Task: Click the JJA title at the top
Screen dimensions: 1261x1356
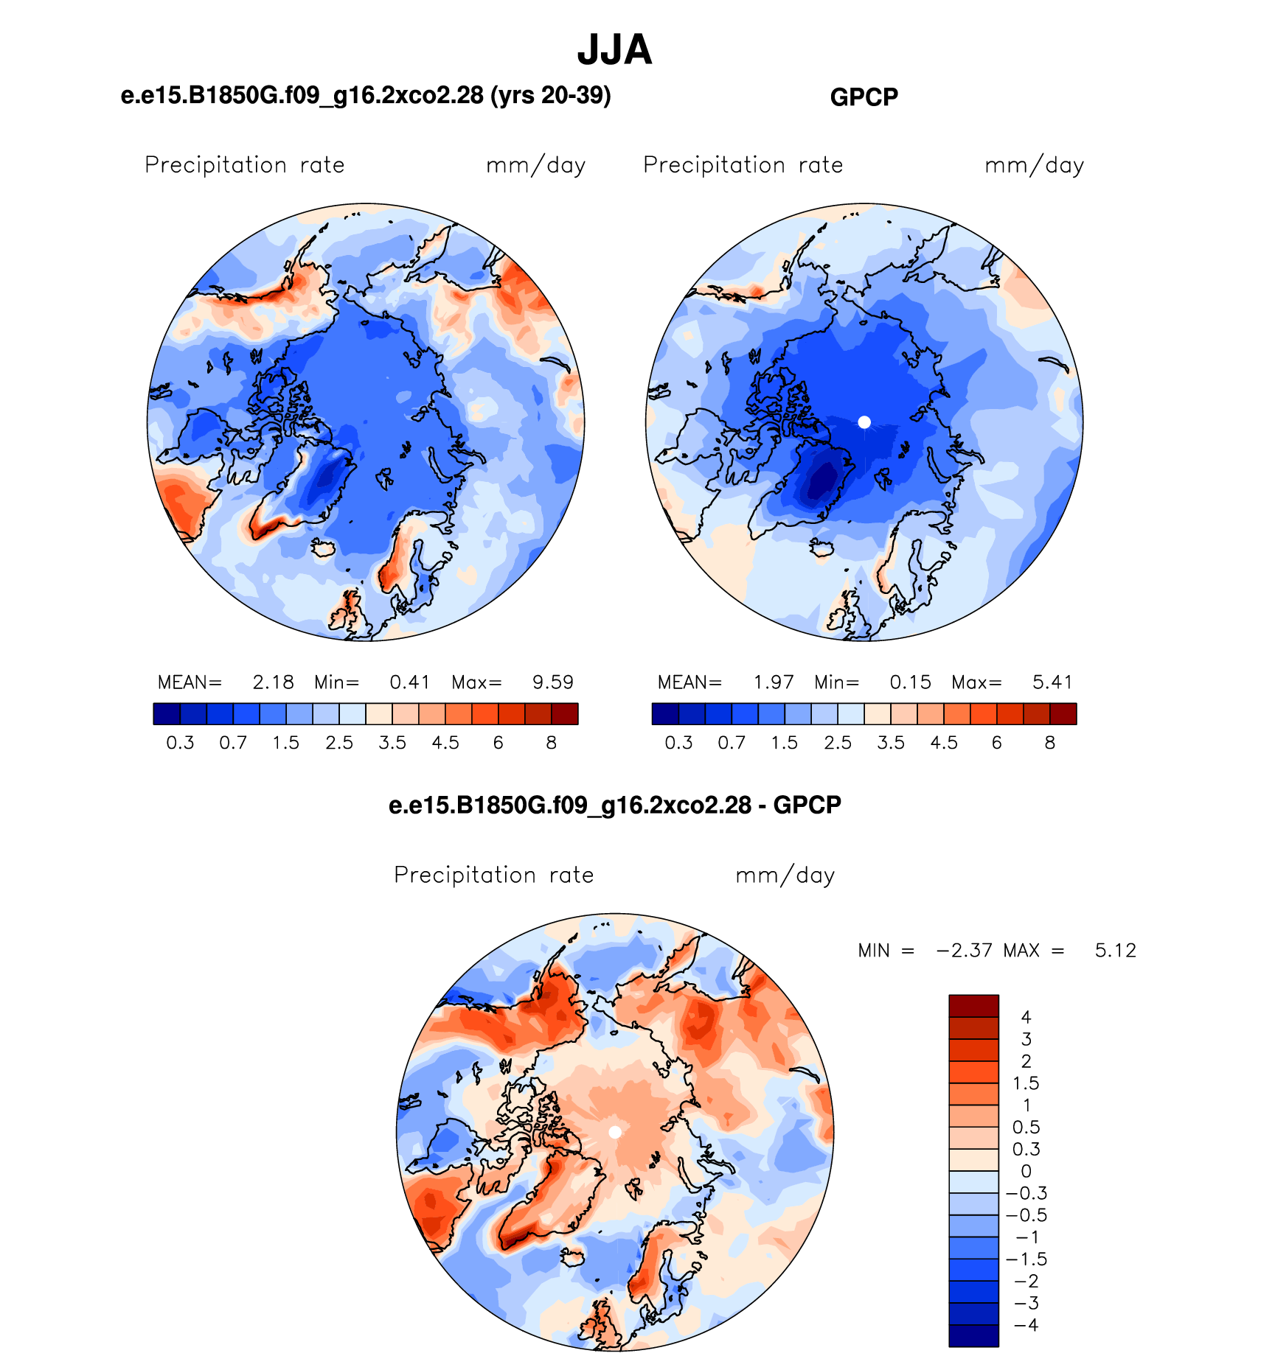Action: [614, 50]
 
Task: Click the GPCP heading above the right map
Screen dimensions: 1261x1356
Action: [864, 97]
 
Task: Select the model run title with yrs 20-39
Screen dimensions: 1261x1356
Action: [366, 96]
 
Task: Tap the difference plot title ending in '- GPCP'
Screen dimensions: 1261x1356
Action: [614, 805]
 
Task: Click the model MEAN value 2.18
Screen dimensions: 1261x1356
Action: [273, 682]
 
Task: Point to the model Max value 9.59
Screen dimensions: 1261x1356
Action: [552, 682]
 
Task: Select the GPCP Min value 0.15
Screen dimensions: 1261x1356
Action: [910, 682]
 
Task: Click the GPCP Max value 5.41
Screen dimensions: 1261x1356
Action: [1052, 682]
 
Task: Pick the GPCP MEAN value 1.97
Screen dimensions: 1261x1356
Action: [773, 682]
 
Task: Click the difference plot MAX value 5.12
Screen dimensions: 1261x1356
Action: [1115, 951]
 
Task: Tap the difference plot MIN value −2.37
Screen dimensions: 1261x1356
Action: [964, 951]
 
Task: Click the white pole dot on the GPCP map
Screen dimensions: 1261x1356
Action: [864, 422]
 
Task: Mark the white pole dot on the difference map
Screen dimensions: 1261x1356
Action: [614, 1132]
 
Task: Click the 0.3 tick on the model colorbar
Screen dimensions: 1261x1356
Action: [180, 743]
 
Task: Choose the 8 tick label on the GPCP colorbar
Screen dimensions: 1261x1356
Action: [1049, 743]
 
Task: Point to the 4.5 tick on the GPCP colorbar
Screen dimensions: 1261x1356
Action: [944, 743]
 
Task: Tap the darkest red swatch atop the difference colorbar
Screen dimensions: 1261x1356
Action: [973, 1006]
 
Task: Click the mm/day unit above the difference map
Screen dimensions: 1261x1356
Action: [785, 876]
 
